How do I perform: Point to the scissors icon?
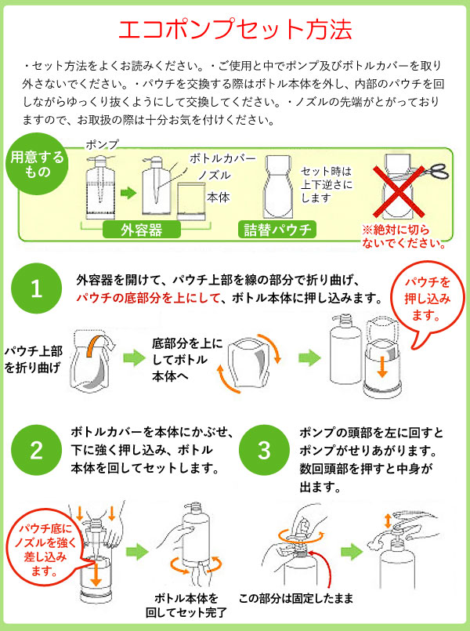[432, 170]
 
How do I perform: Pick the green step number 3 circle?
[264, 451]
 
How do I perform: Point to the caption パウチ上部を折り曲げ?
[33, 357]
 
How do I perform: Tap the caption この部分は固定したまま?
[301, 597]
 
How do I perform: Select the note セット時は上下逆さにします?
[326, 184]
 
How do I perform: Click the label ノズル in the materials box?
[214, 176]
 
